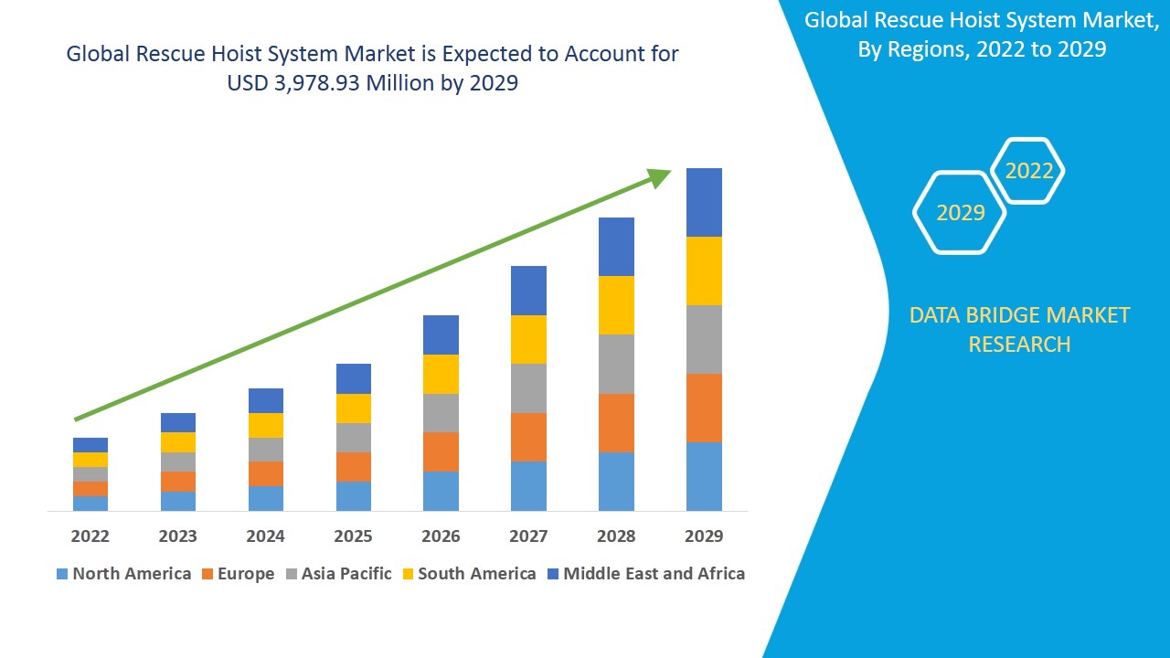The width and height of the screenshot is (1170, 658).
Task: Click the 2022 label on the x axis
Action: pos(90,536)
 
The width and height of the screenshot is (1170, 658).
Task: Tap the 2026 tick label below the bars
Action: pos(441,536)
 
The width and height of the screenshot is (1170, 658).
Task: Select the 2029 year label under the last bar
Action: pos(704,536)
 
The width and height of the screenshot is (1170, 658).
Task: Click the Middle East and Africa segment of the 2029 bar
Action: pos(704,202)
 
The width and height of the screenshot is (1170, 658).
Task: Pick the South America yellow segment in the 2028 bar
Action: pos(616,305)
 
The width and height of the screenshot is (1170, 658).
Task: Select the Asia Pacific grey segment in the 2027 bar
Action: pos(528,388)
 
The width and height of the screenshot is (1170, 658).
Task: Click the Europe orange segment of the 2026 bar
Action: pos(441,451)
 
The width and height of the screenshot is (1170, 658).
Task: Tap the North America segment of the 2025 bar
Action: pos(354,495)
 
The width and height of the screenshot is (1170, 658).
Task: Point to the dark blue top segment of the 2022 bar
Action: pos(90,445)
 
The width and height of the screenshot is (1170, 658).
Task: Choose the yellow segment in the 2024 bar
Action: pos(266,425)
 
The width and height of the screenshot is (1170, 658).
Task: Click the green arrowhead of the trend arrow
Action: pos(659,176)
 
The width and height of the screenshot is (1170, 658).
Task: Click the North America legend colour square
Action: pos(62,574)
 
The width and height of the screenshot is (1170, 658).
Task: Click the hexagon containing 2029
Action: pos(960,213)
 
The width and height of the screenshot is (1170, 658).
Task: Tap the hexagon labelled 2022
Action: pos(1029,171)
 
